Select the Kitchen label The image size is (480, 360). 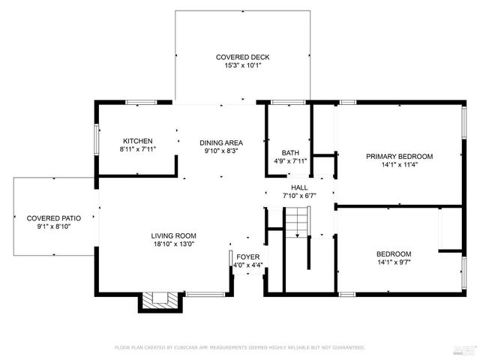[x=138, y=141]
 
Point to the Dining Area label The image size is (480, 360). [x=220, y=142]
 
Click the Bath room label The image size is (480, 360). [x=289, y=153]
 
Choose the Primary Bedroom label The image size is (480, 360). [x=399, y=156]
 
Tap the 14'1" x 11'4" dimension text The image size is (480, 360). [x=399, y=165]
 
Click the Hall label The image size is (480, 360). [x=299, y=187]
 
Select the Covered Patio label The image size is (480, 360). [x=49, y=217]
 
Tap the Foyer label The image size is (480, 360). [x=247, y=256]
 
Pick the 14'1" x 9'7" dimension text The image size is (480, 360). [x=394, y=262]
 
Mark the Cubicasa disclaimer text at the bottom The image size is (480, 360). [x=239, y=347]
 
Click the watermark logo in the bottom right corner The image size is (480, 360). [x=465, y=348]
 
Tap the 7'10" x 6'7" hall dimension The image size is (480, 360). [x=299, y=196]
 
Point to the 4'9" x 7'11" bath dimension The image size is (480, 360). [x=289, y=161]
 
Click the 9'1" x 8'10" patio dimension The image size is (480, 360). [x=49, y=226]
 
